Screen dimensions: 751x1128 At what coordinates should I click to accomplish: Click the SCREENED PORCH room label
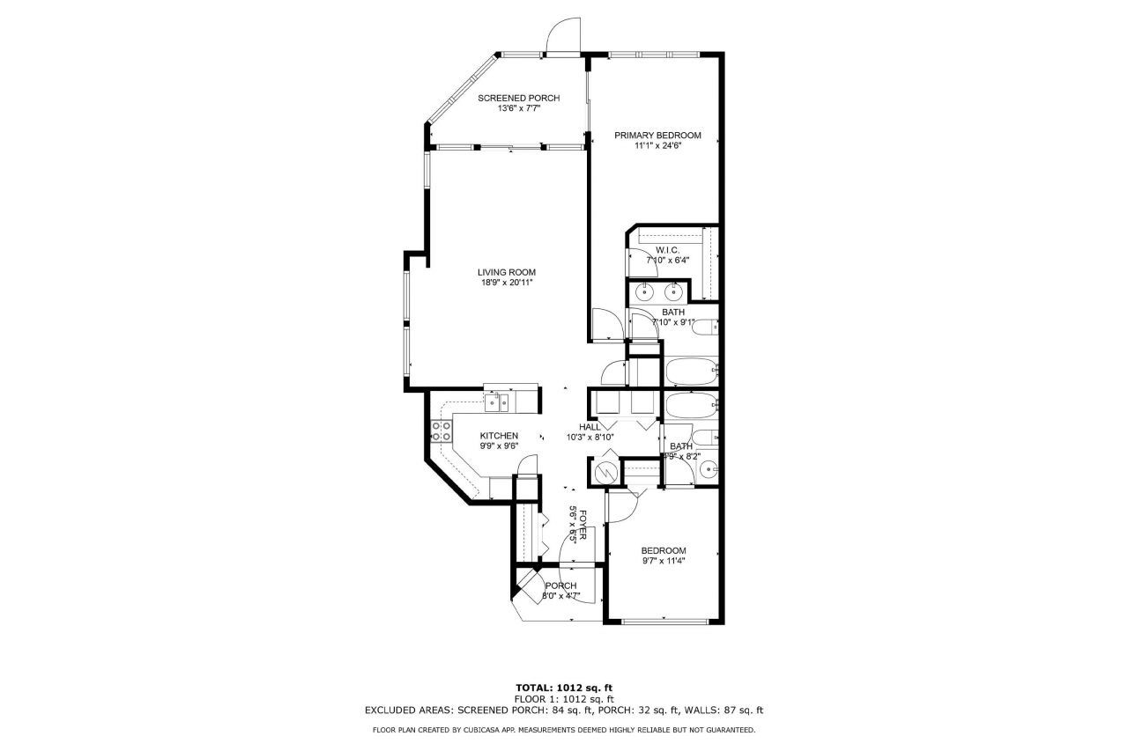[x=518, y=98]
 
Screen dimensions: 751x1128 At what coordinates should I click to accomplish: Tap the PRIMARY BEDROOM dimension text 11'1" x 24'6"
[x=657, y=146]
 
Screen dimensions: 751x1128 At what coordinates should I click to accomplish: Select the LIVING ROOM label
[x=507, y=272]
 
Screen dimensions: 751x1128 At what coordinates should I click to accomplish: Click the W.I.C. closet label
[x=667, y=250]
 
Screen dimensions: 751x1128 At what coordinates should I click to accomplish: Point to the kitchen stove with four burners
[x=442, y=431]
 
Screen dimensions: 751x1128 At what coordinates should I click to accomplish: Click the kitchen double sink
[x=496, y=403]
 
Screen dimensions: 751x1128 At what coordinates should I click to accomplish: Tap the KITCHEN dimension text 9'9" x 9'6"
[x=499, y=446]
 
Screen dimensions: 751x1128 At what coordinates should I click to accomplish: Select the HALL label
[x=590, y=427]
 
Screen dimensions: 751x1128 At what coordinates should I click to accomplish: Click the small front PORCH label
[x=560, y=585]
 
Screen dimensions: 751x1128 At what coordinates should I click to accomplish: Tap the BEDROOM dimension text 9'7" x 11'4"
[x=663, y=561]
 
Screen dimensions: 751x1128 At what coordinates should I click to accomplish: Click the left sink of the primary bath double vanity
[x=645, y=292]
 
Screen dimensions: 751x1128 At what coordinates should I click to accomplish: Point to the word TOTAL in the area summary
[x=534, y=688]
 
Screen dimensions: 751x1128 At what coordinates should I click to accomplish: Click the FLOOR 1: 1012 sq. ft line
[x=563, y=698]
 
